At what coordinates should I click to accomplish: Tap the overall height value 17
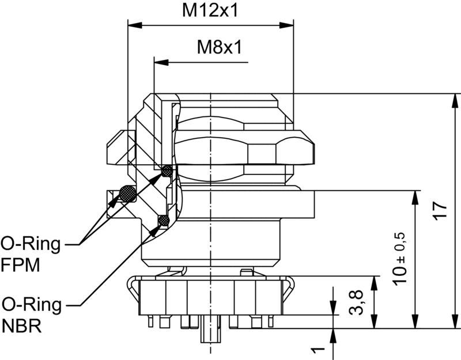(439, 210)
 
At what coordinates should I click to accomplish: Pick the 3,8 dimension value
(357, 302)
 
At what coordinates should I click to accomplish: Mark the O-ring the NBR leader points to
(163, 220)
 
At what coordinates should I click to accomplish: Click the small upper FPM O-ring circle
(167, 170)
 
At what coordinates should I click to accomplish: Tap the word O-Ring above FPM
(30, 244)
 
